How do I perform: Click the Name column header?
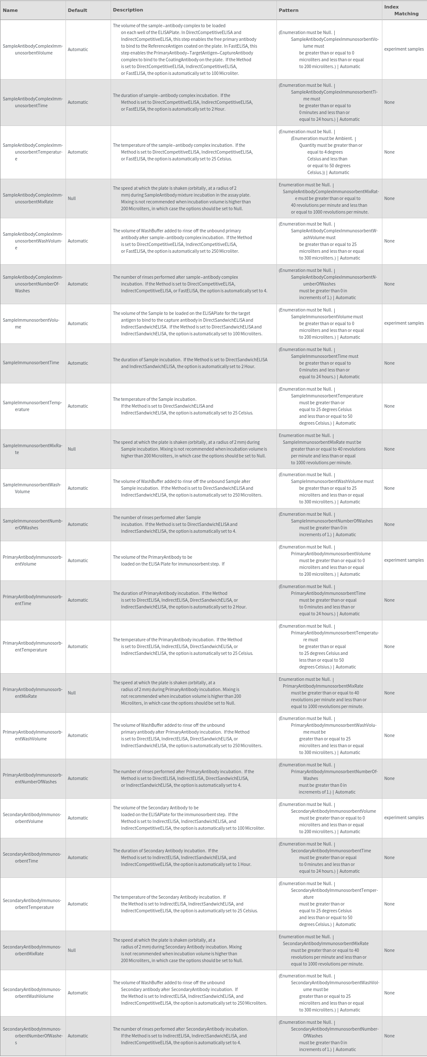10,10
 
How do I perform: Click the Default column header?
77,10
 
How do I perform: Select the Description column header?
128,10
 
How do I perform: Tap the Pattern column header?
288,10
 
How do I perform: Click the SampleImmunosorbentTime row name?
31,363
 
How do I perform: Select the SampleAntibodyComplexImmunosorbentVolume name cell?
33,49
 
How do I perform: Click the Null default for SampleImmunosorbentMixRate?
72,449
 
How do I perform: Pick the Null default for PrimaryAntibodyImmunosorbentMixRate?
72,693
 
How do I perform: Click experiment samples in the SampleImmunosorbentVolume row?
404,323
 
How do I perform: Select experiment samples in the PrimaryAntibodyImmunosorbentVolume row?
404,560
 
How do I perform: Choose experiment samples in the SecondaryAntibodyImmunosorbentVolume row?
404,817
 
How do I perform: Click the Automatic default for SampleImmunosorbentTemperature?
78,406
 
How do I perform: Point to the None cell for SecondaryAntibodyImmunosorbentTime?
389,857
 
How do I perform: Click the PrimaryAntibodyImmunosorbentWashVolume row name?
33,735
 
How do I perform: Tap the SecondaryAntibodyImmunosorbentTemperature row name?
33,904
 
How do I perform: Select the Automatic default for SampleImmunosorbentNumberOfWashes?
78,524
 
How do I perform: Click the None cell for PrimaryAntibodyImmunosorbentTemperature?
389,646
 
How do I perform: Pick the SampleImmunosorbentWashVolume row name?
32,488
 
